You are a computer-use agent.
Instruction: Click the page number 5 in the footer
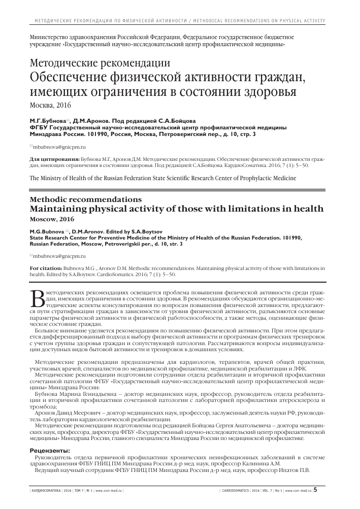pos(316,490)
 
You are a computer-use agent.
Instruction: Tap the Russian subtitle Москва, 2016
pos(51,106)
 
